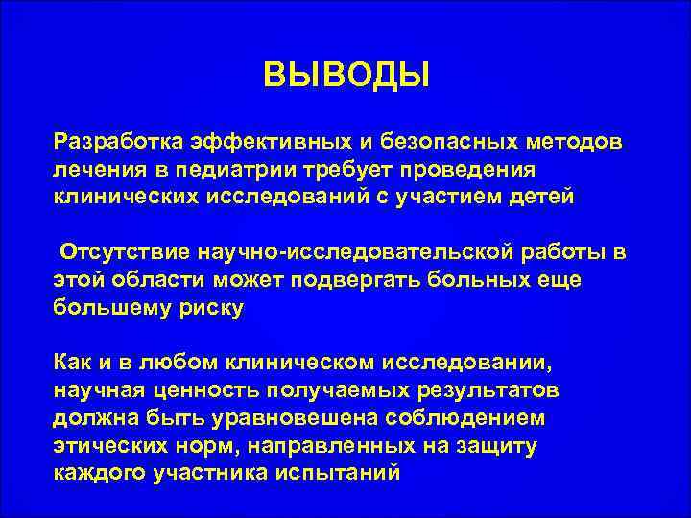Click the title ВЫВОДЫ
(x=346, y=75)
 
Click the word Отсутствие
(x=125, y=252)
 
